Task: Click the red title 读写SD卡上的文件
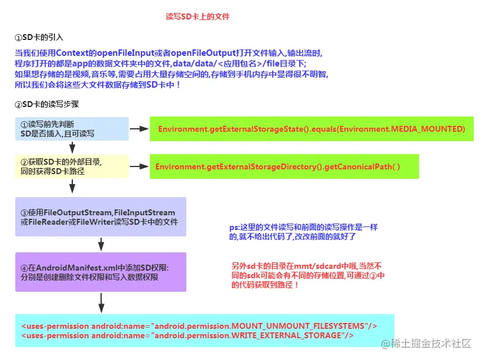point(198,17)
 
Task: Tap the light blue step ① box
point(71,129)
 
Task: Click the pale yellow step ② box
point(71,166)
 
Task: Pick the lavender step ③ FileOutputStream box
point(101,216)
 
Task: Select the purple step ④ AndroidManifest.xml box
point(101,272)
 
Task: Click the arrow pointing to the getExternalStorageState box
point(139,129)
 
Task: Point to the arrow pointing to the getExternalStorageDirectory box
point(139,166)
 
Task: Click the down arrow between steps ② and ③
point(72,186)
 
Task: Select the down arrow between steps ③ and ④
point(101,244)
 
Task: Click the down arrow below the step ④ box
point(101,303)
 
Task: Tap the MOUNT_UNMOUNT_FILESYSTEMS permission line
point(199,326)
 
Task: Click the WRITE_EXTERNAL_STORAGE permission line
point(188,335)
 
